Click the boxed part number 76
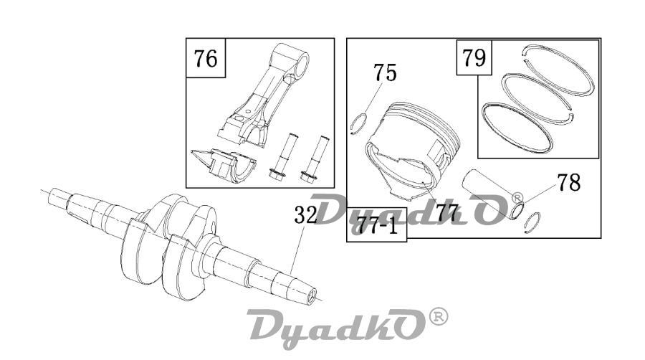pos(206,58)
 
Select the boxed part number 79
pos(474,57)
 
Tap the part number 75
pos(385,73)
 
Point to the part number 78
pos(569,182)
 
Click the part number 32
pos(306,214)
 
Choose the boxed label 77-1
pos(378,225)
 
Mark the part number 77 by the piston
pos(447,213)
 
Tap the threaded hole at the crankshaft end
pos(312,295)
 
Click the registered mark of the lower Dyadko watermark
pos(439,316)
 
